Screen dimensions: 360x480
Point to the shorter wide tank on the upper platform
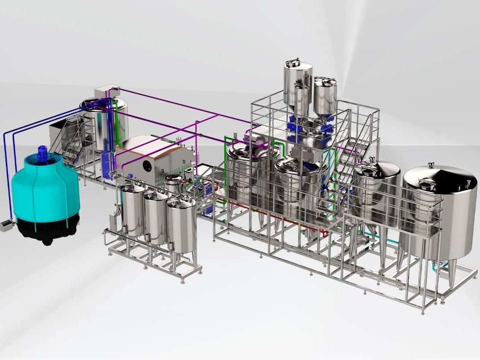[325, 95]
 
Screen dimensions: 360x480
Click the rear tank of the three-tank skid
[133, 209]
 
